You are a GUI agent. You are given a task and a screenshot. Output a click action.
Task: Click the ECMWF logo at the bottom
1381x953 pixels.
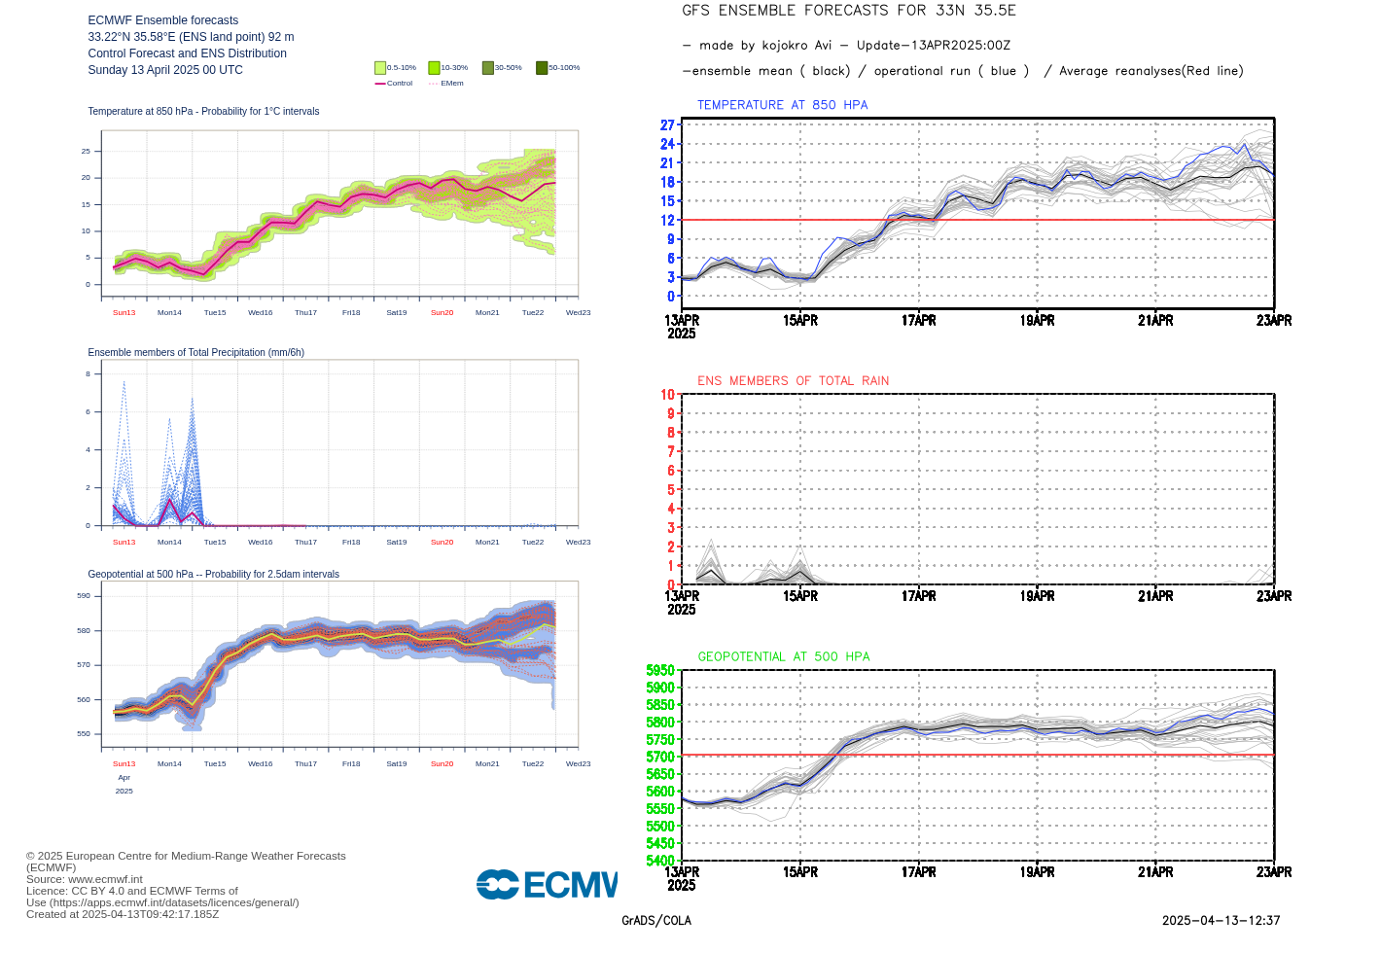547,884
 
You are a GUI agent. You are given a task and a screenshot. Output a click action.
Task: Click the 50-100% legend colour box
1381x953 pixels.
542,68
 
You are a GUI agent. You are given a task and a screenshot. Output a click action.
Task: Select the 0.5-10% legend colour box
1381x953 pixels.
380,68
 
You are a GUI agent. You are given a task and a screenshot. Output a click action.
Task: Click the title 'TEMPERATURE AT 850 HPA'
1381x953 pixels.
782,105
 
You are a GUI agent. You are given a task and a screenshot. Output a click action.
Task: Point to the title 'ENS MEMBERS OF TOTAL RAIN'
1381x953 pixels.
793,381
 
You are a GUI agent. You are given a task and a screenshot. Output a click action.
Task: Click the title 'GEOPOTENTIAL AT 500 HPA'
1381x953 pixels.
783,657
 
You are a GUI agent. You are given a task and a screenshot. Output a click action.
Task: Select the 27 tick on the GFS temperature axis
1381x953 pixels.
667,125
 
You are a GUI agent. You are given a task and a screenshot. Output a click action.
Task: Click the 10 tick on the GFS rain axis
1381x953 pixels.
667,395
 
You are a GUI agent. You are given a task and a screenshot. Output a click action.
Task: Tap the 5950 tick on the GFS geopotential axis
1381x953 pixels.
660,671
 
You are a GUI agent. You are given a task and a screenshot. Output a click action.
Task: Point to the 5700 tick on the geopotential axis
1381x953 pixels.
660,757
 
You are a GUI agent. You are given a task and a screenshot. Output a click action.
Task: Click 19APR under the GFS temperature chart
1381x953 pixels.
1037,321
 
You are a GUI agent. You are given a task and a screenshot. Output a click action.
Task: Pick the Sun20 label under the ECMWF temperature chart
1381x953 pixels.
442,313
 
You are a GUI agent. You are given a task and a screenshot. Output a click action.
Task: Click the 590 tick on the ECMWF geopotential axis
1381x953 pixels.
84,596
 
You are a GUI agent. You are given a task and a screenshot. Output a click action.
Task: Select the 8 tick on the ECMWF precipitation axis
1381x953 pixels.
88,374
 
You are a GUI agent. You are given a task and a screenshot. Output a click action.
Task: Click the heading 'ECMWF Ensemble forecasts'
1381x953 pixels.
162,20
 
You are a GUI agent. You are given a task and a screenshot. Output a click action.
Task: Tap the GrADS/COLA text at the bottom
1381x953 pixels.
656,921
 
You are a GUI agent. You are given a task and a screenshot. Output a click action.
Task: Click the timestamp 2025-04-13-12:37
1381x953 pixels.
1221,921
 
